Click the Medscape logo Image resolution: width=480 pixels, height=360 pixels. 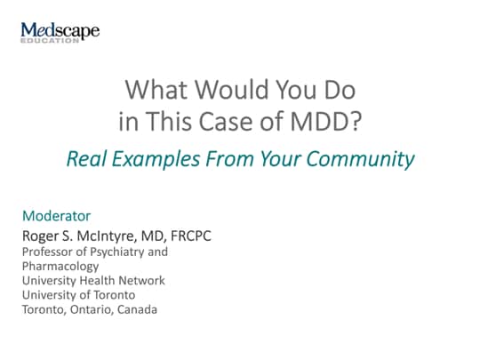coord(60,31)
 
